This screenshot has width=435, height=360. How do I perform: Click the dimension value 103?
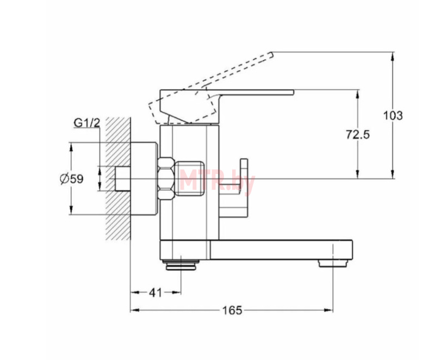point(393,115)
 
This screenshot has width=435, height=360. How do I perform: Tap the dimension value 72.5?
point(358,135)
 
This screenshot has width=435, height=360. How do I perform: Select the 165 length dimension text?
point(233,311)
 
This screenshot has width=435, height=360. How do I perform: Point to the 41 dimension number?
point(155,293)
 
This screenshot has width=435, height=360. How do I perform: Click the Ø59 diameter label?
point(72,179)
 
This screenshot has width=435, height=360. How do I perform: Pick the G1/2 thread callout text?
point(87,122)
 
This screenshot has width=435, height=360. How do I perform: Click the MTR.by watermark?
point(217,181)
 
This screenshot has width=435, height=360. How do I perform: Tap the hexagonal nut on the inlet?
point(166,178)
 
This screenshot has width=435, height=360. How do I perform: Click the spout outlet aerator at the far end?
point(333,263)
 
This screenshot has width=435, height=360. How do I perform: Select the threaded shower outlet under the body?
point(181,265)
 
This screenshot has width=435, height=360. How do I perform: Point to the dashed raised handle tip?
point(271,55)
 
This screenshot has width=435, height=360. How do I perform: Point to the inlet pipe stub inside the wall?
point(123,178)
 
